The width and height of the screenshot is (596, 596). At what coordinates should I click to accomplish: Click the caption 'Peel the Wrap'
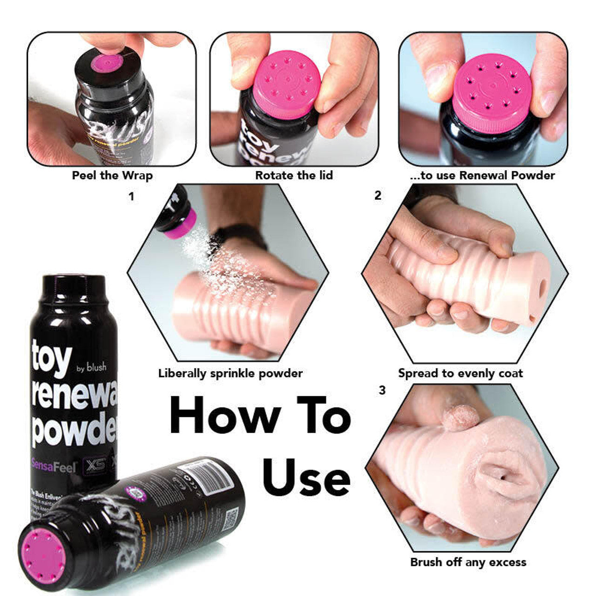(112, 176)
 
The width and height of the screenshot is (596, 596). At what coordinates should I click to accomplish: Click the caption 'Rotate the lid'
(294, 176)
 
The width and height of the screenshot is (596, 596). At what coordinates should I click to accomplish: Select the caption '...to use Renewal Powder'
(482, 176)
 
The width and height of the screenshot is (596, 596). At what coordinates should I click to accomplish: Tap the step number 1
(131, 197)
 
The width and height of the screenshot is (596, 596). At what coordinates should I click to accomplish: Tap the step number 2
(378, 196)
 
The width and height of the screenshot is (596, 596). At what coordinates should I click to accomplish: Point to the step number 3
(382, 390)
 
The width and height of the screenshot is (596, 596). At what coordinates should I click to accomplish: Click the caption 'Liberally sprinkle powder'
(230, 373)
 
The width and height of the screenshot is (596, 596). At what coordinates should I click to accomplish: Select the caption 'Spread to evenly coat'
(460, 373)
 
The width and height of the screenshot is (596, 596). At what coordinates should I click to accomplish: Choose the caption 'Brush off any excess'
(468, 562)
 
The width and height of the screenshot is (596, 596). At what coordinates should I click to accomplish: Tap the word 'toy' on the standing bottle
(52, 359)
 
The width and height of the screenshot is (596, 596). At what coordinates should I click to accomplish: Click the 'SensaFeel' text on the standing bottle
(54, 466)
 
